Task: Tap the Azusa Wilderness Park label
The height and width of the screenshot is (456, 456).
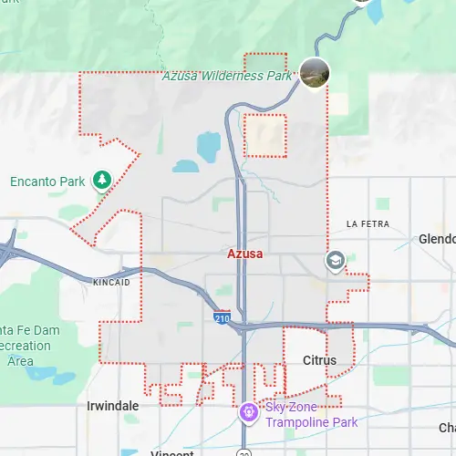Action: (x=227, y=77)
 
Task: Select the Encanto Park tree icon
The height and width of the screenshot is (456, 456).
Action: (x=103, y=180)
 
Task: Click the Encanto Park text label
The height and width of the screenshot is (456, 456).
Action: (x=48, y=181)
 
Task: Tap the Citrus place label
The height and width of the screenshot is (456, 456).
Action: (x=319, y=360)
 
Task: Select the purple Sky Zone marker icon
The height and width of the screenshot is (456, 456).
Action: (x=247, y=412)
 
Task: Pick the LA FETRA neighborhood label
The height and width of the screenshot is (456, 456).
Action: (x=368, y=223)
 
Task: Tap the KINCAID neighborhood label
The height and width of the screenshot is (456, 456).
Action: (x=112, y=283)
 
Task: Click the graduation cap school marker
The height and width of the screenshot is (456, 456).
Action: (x=336, y=262)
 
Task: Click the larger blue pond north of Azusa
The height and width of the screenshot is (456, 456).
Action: (x=209, y=143)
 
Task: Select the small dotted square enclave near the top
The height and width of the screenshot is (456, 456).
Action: (x=265, y=135)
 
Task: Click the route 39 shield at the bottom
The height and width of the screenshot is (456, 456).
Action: (x=244, y=452)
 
